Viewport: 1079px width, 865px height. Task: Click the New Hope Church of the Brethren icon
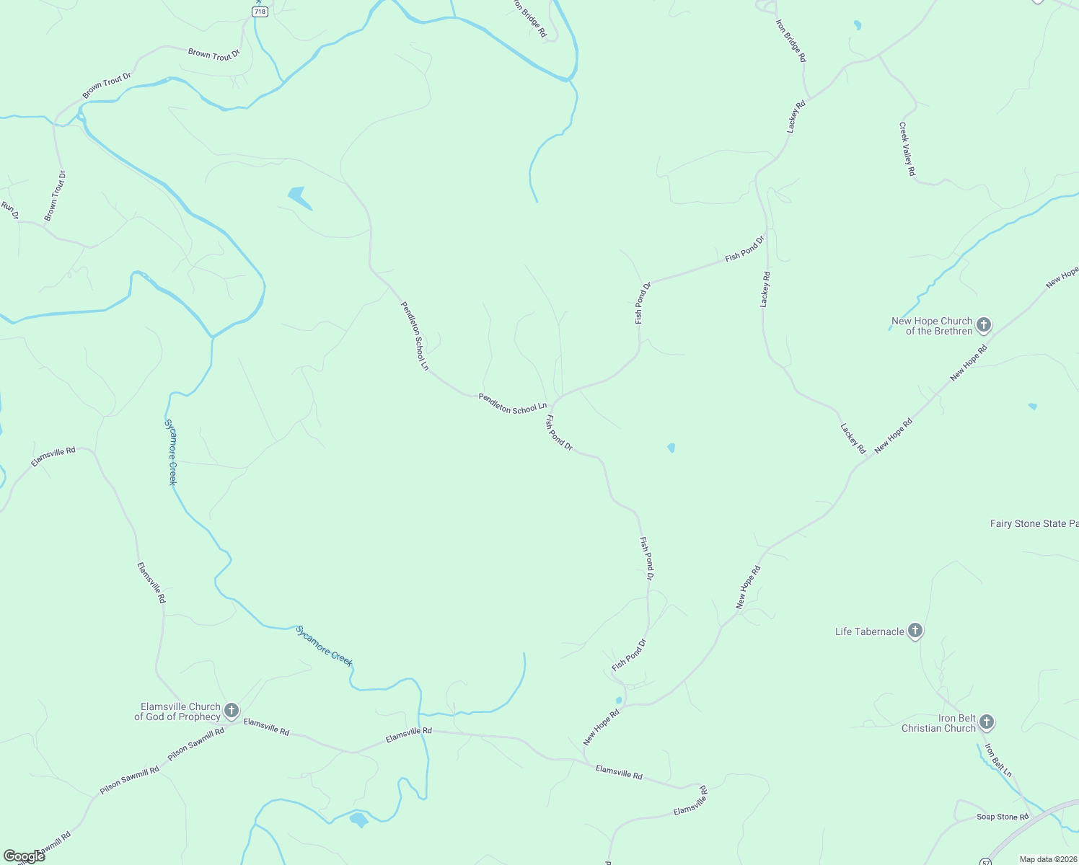tap(984, 325)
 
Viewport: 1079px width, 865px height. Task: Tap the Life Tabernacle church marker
tap(915, 631)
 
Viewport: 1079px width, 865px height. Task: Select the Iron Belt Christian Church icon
tap(987, 722)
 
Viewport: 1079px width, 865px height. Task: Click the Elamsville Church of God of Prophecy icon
tap(231, 711)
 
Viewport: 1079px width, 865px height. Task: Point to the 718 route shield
tap(260, 12)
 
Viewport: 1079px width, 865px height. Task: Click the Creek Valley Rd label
tap(907, 149)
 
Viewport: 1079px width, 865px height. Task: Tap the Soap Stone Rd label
tap(1003, 817)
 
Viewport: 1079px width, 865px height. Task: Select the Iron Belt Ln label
tap(999, 760)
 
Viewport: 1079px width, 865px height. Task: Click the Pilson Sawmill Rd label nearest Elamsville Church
tap(196, 744)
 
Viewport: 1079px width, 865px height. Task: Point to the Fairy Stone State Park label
tap(1034, 524)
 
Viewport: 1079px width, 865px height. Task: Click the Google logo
tap(24, 856)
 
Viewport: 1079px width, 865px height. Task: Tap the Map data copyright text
tap(1048, 859)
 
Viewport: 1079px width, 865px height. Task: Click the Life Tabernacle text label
tap(869, 632)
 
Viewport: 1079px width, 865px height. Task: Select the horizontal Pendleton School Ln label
tap(513, 404)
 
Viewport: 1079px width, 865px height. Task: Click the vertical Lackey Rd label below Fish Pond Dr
tap(765, 289)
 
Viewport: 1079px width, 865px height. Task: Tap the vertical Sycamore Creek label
tap(171, 452)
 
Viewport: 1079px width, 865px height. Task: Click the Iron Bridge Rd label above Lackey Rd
tap(790, 40)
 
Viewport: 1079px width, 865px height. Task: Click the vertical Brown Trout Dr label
tap(55, 196)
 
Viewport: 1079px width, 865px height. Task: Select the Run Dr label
tap(9, 210)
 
